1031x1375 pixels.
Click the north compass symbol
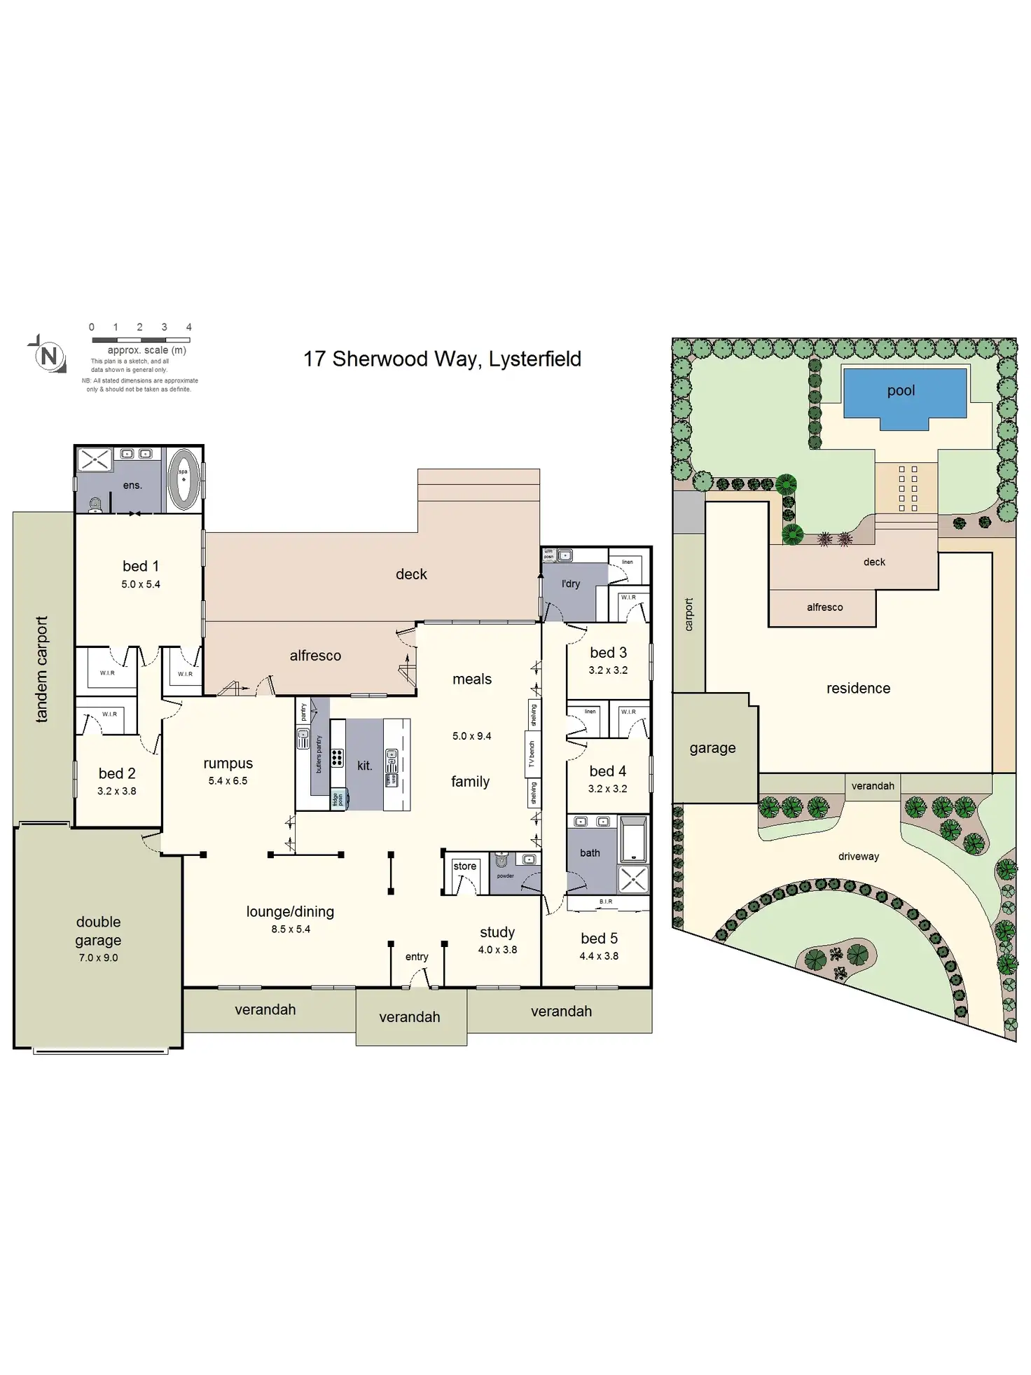coord(48,356)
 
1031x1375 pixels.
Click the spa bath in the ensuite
coord(184,479)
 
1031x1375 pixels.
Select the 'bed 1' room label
coord(140,566)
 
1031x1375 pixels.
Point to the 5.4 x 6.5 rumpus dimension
coord(228,781)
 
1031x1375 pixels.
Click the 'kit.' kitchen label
coord(364,766)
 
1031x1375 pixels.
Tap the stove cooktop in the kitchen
coord(337,756)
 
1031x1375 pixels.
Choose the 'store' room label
coord(464,866)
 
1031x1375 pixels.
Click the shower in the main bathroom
coord(632,879)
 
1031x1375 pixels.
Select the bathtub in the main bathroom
coord(633,838)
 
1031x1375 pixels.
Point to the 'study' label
coord(497,932)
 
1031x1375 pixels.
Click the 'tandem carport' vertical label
coord(41,669)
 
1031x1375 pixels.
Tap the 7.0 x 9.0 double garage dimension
coord(98,958)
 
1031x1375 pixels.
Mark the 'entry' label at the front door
coord(417,957)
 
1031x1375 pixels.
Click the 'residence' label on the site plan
coord(858,689)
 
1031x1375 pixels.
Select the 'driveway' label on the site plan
coord(858,857)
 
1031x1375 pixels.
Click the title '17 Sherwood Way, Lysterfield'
coord(442,359)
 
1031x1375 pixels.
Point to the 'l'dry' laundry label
coord(571,583)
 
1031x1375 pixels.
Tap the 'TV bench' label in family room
coord(532,754)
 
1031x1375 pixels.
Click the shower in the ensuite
coord(94,460)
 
